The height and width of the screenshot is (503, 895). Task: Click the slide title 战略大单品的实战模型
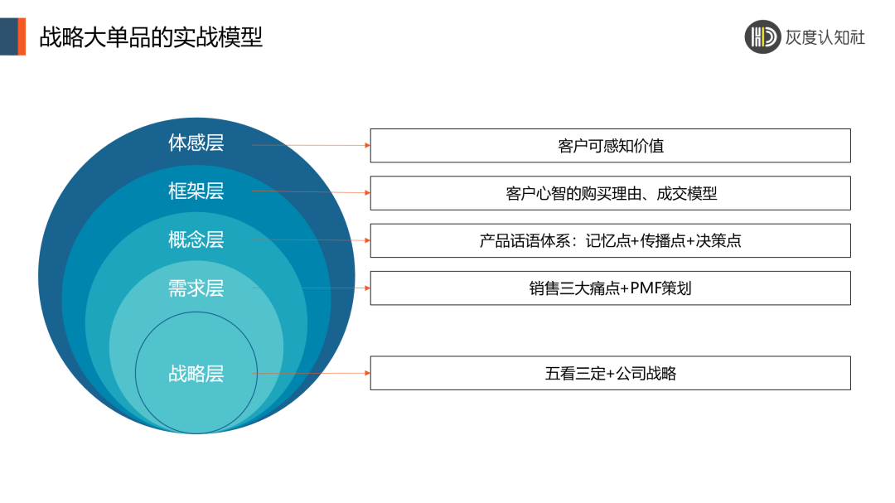(x=151, y=36)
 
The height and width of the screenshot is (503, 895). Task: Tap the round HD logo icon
(x=762, y=36)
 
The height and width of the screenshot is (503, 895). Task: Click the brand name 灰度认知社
(x=825, y=36)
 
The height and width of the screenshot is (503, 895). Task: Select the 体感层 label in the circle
(x=196, y=143)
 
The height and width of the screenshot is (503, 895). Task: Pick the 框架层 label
(x=196, y=191)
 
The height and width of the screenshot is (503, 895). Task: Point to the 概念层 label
(x=196, y=239)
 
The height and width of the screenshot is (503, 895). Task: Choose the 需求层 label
(x=196, y=288)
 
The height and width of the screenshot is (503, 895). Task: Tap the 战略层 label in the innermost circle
(x=196, y=374)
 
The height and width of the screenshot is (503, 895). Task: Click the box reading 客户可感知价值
(x=610, y=146)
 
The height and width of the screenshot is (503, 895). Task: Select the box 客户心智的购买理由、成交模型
(x=610, y=193)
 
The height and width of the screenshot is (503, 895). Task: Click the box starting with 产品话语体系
(x=610, y=241)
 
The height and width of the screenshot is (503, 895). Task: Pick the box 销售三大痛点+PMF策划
(x=610, y=288)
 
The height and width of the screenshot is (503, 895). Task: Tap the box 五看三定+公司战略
(x=610, y=374)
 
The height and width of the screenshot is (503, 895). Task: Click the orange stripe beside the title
(x=22, y=36)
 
